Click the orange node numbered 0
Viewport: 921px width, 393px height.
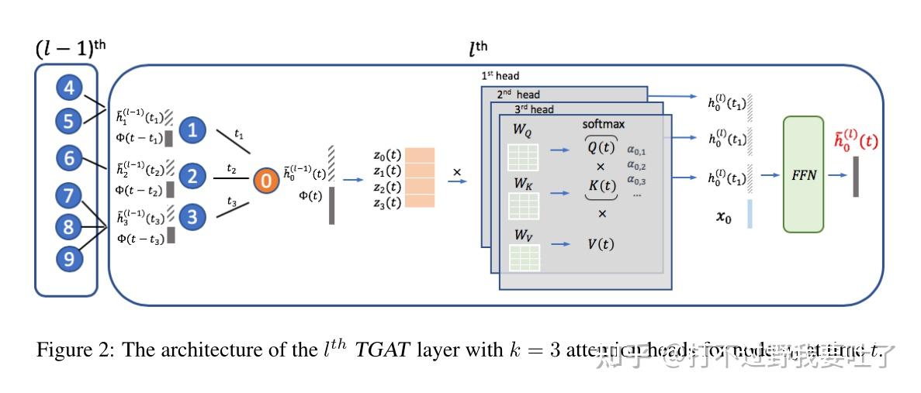[x=265, y=181]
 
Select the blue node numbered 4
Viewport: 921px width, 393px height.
[x=68, y=89]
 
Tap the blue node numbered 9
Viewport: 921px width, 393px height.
[x=68, y=259]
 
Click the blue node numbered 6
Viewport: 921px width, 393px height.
[x=68, y=159]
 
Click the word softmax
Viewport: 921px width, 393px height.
[x=604, y=124]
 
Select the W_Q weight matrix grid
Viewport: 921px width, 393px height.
[x=524, y=157]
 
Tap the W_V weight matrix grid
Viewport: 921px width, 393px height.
[x=524, y=257]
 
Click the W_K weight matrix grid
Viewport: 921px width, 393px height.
[x=524, y=206]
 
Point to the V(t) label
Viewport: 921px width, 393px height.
[x=599, y=244]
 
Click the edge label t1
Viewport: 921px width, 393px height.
[x=238, y=135]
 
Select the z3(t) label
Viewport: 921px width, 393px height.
[x=386, y=203]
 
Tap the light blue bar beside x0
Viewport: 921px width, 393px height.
[x=750, y=213]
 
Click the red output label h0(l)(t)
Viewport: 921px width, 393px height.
[x=856, y=142]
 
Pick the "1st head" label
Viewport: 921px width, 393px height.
[x=500, y=76]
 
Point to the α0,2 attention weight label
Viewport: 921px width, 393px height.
[x=636, y=166]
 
